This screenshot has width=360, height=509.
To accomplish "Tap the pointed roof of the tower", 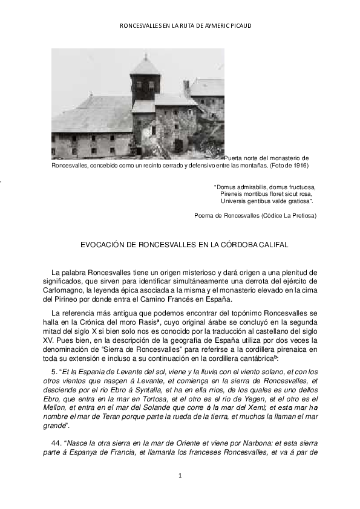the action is pos(145,64).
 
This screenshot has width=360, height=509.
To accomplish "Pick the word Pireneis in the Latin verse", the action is pos(232,194).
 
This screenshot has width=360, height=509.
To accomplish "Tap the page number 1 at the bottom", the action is pos(180,476).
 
